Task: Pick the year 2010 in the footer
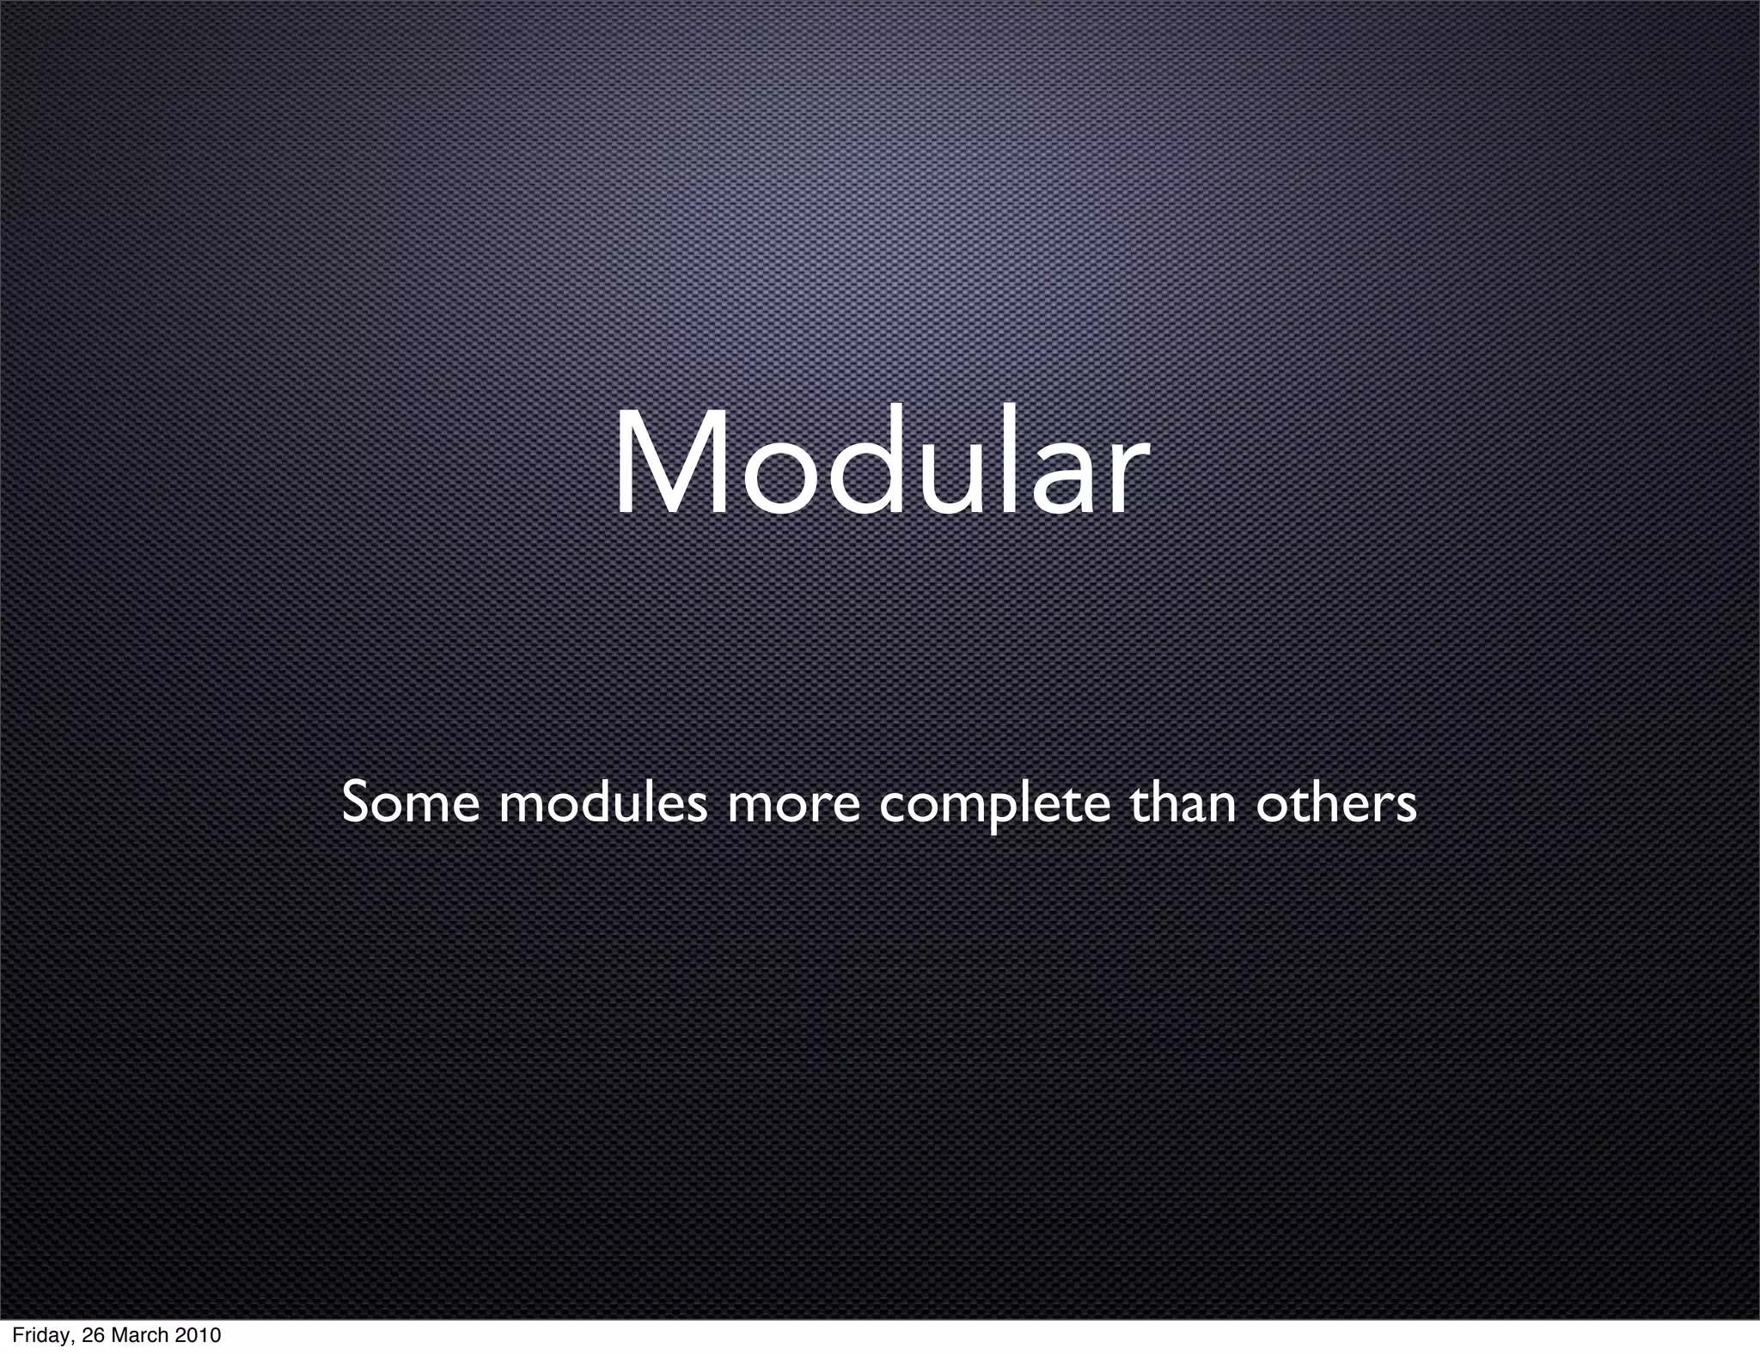[x=198, y=1336]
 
